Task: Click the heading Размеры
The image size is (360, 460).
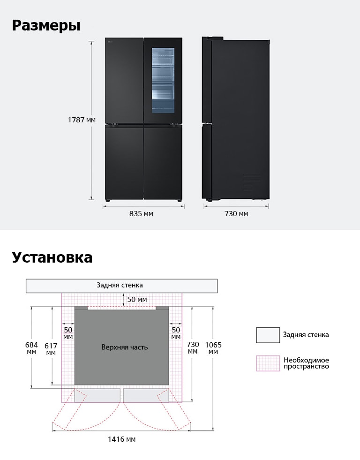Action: pos(46,25)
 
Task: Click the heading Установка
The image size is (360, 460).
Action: pos(52,257)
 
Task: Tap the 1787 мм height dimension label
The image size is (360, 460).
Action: pos(82,120)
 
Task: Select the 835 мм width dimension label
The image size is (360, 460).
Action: pos(141,213)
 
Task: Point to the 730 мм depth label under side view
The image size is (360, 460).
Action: pos(236,213)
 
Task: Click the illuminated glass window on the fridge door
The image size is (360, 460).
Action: pos(163,80)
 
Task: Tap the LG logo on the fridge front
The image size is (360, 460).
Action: pos(111,42)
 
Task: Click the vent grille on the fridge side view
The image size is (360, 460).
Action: pos(252,182)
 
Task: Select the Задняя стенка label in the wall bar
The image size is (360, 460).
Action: pos(120,285)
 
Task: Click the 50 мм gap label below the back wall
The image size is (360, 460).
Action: pos(137,300)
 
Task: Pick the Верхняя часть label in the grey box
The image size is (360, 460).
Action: pos(124,347)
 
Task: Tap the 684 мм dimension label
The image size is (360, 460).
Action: pos(31,348)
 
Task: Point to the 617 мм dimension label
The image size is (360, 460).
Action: pos(51,349)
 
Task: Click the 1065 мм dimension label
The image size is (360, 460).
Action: pos(213,348)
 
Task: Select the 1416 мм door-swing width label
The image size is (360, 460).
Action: pos(122,439)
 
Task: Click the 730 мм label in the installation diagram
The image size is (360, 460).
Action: pos(193,347)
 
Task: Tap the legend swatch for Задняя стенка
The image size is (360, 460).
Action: pos(268,335)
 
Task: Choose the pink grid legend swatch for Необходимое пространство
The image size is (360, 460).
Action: pos(268,363)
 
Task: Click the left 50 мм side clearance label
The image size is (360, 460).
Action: pos(68,333)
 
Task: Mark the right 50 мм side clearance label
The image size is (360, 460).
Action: pos(176,333)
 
